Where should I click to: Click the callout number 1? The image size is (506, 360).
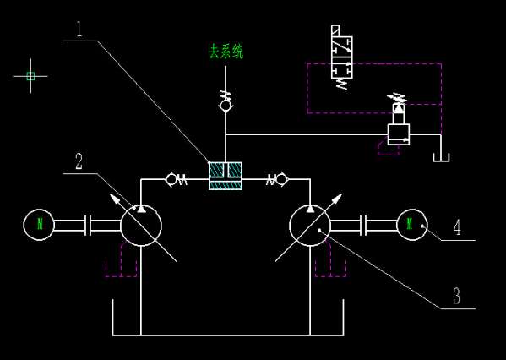coord(79,30)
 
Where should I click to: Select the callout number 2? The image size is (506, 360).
coord(79,161)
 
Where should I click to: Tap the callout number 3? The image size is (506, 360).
coord(457,296)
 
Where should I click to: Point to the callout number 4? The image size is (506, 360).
coord(457,226)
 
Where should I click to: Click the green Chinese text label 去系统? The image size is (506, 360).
coord(226,52)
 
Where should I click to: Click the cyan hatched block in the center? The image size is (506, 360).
coord(226,176)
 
